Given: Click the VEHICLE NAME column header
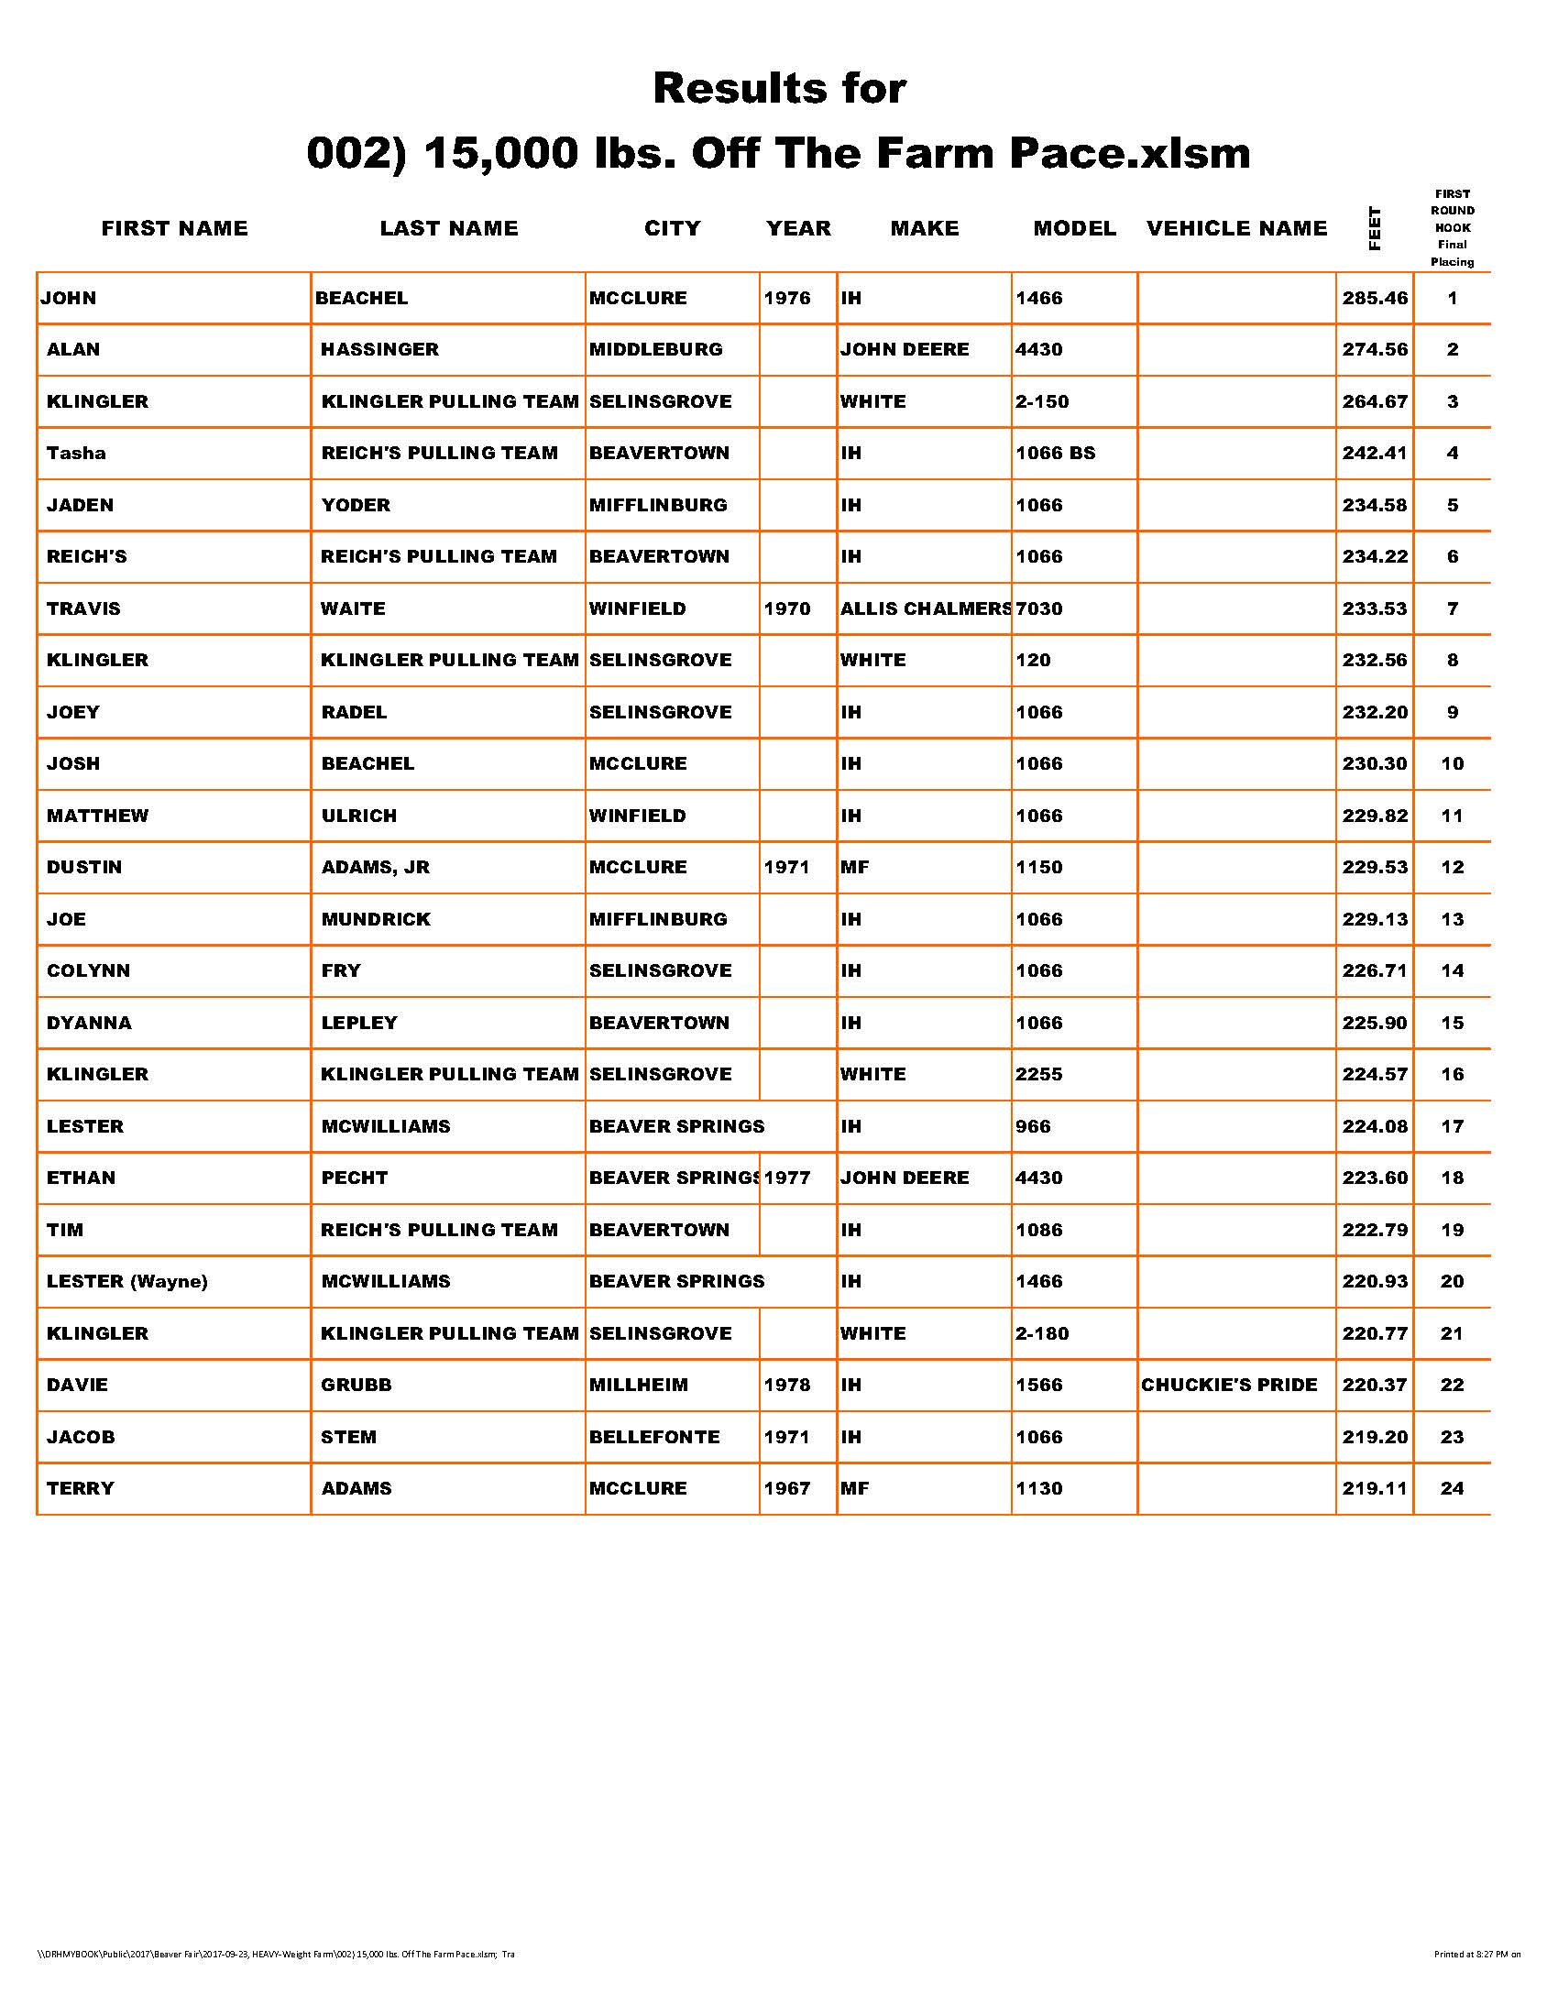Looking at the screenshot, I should tap(1236, 228).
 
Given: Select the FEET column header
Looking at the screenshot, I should tap(1375, 228).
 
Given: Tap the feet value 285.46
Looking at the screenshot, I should tap(1375, 298).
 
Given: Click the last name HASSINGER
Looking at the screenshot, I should tap(379, 350).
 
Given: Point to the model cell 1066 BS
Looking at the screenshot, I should tap(1055, 454).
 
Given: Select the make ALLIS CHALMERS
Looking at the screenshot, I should tap(925, 609).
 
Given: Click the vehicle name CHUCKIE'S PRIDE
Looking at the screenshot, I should tap(1228, 1385).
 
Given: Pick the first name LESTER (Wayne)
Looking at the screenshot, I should tap(127, 1281).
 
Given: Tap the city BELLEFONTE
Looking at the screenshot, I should tap(654, 1437).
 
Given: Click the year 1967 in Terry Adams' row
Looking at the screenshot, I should tap(786, 1489).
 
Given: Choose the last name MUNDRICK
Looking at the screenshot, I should tap(376, 919).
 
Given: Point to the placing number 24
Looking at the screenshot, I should tap(1452, 1489).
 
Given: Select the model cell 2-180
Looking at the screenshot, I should tap(1042, 1333).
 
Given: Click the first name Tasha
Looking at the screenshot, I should tap(77, 454).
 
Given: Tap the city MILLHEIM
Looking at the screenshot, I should tap(639, 1385).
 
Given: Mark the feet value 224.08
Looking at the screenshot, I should tap(1375, 1126).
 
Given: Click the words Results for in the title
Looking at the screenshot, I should tap(779, 89).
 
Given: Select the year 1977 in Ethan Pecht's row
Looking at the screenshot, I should tap(787, 1178).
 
